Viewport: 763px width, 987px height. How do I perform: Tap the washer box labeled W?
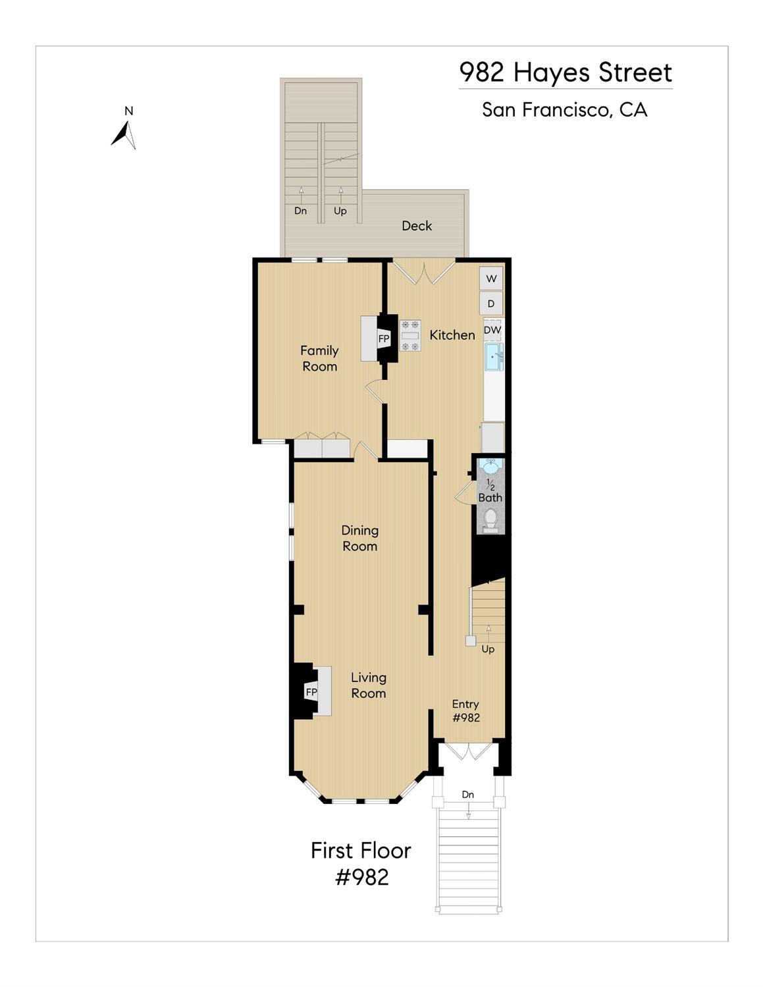coord(491,279)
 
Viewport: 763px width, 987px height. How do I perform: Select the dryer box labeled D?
coord(491,304)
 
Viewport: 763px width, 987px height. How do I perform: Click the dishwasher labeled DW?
coord(492,331)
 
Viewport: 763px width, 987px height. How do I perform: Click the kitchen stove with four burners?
coord(410,336)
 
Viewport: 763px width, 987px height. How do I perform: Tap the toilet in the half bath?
coord(490,521)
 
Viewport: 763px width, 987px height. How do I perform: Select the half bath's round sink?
coord(490,466)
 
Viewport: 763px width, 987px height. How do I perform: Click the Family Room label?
coord(319,358)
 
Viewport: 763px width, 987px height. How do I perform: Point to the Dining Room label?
coord(359,538)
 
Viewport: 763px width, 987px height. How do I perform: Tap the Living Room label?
coord(368,685)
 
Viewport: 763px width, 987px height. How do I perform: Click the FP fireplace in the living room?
coord(311,692)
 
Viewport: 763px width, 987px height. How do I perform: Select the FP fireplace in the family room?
coord(383,338)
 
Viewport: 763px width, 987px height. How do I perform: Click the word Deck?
coord(417,226)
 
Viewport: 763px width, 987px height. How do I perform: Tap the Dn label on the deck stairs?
coord(301,211)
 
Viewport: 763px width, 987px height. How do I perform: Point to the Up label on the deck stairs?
coord(340,211)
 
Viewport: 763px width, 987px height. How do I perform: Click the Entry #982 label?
coord(466,711)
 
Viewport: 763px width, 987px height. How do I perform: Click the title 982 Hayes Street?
coord(566,72)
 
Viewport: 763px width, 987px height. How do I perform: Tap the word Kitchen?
coord(452,335)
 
